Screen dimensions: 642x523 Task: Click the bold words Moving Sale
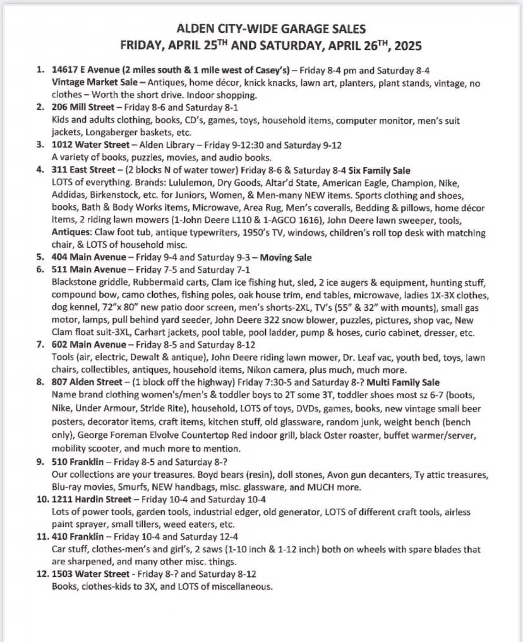tap(285, 257)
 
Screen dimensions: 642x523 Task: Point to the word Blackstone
tap(78, 282)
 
